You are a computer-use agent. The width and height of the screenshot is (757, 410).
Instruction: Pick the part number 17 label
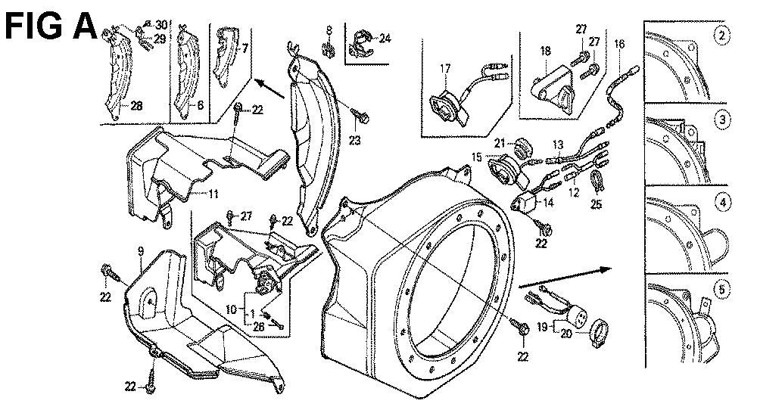click(444, 69)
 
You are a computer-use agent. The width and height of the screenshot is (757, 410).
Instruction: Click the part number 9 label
click(140, 250)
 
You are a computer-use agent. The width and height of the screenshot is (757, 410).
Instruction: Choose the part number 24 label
click(385, 37)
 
